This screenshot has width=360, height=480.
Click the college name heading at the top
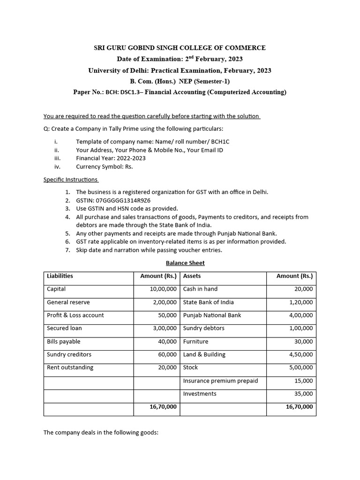coord(180,48)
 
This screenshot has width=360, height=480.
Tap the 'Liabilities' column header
coord(60,276)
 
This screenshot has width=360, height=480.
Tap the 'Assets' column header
coord(192,276)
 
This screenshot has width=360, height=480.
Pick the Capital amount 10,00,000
coord(163,289)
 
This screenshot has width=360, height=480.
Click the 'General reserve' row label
coord(68,302)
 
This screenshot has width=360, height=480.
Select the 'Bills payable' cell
coord(64,342)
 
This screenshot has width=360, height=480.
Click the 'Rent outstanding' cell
coord(70,367)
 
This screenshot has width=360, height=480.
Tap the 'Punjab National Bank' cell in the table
coord(212,315)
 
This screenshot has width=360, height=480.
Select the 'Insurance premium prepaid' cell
coord(220,381)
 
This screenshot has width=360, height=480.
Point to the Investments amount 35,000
coord(303,394)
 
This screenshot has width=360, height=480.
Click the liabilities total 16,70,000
coord(163,407)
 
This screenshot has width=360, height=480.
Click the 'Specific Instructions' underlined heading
coord(71,180)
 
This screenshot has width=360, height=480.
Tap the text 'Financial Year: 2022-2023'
coord(111,158)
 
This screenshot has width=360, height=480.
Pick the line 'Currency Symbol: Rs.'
coord(104,166)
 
